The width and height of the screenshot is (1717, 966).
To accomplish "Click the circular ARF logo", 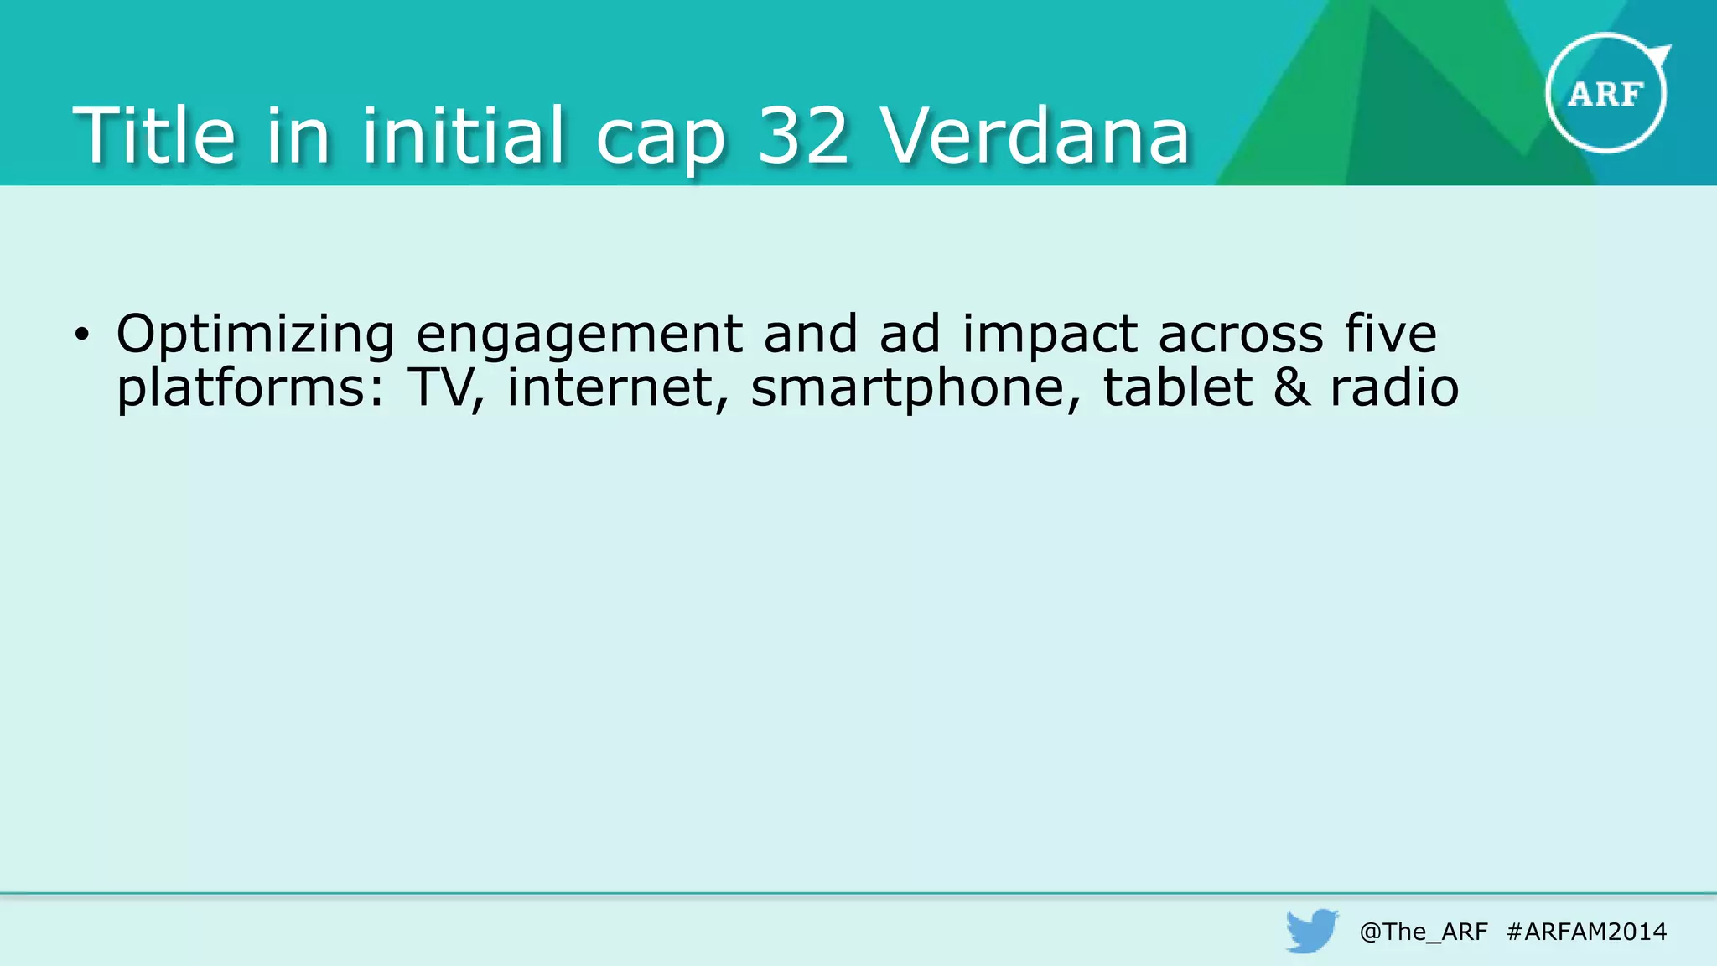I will point(1605,93).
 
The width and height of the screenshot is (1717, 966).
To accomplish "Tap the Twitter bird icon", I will point(1312,930).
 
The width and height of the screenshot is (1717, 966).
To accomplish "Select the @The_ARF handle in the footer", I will point(1424,932).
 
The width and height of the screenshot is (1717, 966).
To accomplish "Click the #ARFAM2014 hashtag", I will point(1586,932).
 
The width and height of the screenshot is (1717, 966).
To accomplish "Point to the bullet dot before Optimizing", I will point(80,335).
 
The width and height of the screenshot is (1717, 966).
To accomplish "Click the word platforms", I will point(251,389).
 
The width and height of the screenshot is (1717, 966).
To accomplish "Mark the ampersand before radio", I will point(1291,387).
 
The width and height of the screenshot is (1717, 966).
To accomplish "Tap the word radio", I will point(1394,387).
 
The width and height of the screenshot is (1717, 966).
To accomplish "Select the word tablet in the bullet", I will point(1177,387).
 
